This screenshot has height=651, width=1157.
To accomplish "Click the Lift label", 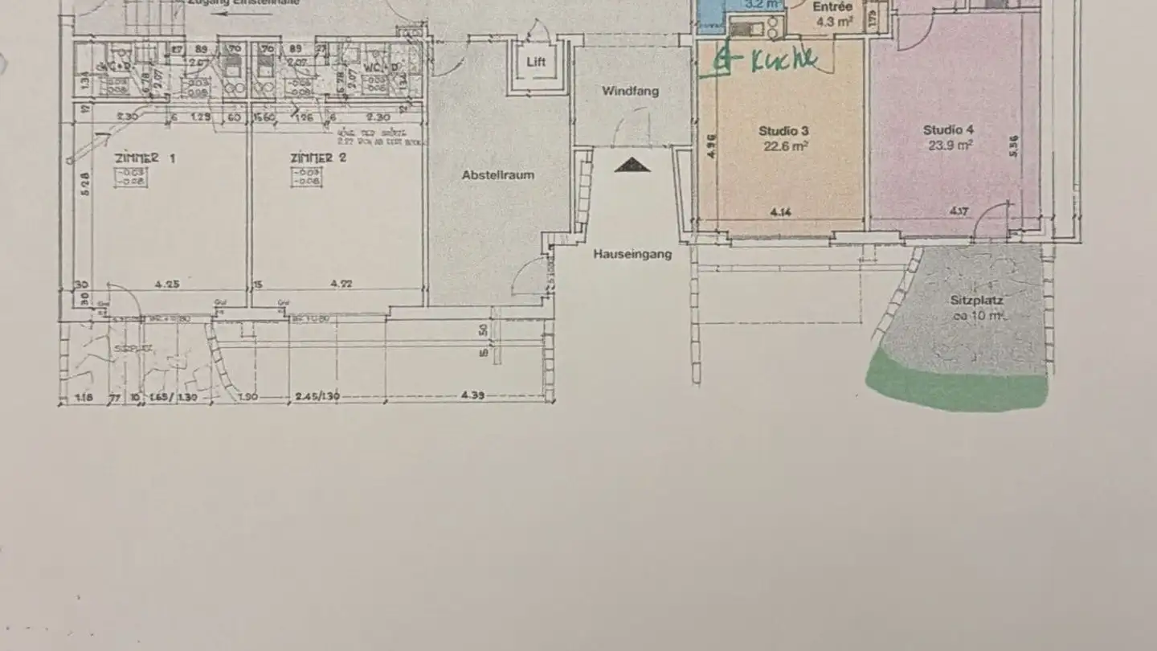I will [536, 61].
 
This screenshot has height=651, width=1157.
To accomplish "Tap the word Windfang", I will [630, 91].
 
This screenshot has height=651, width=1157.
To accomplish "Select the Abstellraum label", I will [498, 174].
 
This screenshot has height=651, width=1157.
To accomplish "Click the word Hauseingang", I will [632, 254].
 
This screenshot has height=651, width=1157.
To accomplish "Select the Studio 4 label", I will [948, 130].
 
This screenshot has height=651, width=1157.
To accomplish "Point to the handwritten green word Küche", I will [783, 60].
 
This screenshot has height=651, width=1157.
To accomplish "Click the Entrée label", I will [832, 7].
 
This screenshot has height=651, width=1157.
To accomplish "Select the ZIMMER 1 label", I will [145, 158].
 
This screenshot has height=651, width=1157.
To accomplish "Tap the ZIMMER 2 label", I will [318, 158].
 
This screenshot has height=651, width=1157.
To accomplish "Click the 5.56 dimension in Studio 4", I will [1013, 145].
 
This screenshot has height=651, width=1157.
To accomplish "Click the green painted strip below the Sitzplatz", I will [956, 386].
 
